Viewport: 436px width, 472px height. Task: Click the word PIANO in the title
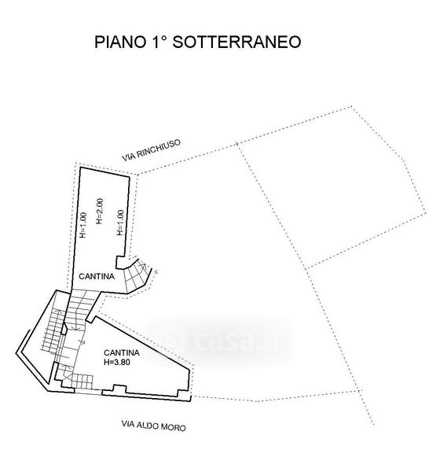tap(120, 42)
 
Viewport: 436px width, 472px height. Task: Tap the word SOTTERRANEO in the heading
tap(236, 42)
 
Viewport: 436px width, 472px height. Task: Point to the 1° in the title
tap(159, 42)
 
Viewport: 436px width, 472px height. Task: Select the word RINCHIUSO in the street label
tap(159, 147)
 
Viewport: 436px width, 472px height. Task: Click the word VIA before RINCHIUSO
tap(128, 157)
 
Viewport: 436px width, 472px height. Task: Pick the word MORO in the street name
tap(174, 427)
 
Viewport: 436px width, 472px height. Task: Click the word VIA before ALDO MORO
tap(128, 424)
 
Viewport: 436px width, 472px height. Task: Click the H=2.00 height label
tap(100, 211)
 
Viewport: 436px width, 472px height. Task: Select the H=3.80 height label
tap(117, 362)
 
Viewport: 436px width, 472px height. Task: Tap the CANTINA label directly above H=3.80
tap(122, 352)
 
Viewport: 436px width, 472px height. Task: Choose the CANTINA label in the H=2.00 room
tap(97, 276)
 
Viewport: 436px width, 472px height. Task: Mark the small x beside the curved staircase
tap(156, 272)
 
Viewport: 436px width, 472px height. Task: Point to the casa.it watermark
tap(219, 341)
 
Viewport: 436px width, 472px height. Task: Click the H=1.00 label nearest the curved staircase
tap(120, 223)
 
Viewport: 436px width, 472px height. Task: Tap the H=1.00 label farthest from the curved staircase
tap(83, 225)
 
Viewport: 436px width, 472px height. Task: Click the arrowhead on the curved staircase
tap(144, 266)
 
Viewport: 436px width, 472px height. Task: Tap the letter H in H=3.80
tap(106, 362)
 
